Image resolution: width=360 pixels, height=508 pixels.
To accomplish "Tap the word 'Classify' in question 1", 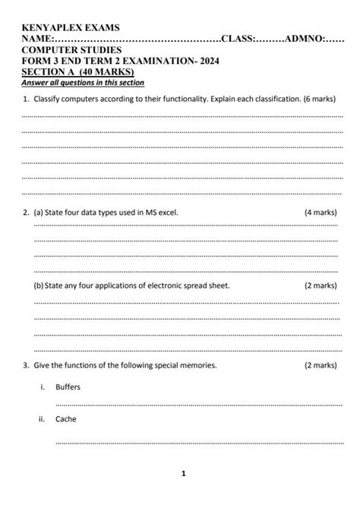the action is click(x=50, y=99).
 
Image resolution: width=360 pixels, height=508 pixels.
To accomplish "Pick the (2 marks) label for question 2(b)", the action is click(x=320, y=286).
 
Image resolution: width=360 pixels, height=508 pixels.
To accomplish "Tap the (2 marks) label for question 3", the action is click(x=320, y=365).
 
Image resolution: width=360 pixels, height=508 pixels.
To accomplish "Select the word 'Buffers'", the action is click(x=68, y=387).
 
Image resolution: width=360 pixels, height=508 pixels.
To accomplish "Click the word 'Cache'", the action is click(x=66, y=418).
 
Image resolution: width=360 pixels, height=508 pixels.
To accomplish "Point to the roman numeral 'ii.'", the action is click(x=42, y=418).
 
